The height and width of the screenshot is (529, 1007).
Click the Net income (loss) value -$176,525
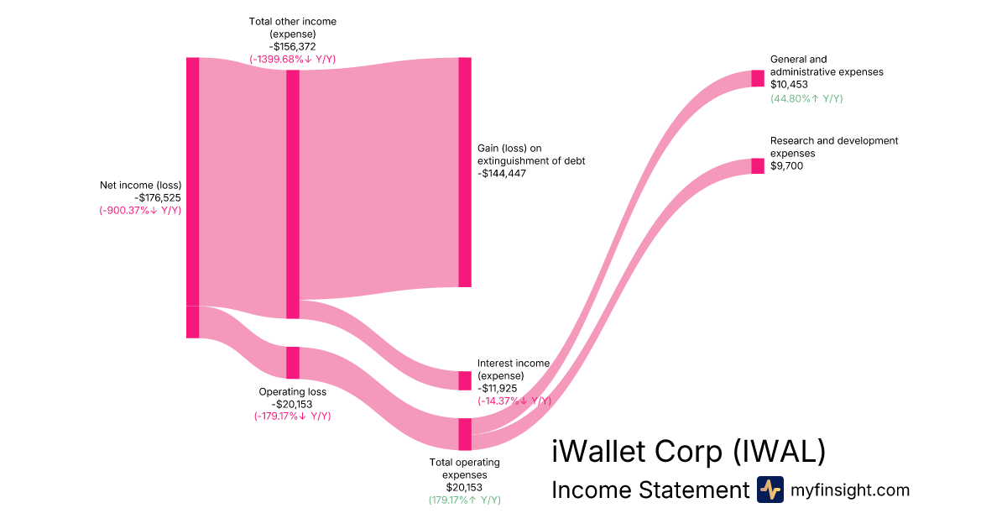click(158, 197)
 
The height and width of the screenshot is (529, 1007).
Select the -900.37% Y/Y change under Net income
click(140, 210)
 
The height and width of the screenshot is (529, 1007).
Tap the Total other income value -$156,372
click(292, 46)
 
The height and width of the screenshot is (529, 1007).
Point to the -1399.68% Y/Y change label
click(292, 59)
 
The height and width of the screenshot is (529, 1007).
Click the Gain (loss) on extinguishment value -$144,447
click(501, 173)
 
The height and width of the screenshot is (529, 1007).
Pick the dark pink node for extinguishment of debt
click(465, 172)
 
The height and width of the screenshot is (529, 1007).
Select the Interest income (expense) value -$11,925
click(497, 388)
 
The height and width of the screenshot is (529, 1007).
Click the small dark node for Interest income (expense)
click(465, 380)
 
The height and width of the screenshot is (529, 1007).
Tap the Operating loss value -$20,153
click(292, 404)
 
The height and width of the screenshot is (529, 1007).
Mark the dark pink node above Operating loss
click(293, 363)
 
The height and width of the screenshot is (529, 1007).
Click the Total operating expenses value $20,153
click(464, 487)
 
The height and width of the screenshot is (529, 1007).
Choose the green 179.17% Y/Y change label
click(464, 500)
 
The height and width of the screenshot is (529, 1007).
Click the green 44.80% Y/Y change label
click(806, 98)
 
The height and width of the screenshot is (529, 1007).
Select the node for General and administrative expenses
click(758, 78)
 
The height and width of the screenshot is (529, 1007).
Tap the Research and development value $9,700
click(786, 165)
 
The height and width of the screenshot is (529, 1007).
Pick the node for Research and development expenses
click(758, 165)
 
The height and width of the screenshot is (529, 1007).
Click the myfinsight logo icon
click(770, 490)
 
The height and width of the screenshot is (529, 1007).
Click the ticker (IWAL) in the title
click(779, 451)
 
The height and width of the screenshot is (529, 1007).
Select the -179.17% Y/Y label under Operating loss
click(292, 416)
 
